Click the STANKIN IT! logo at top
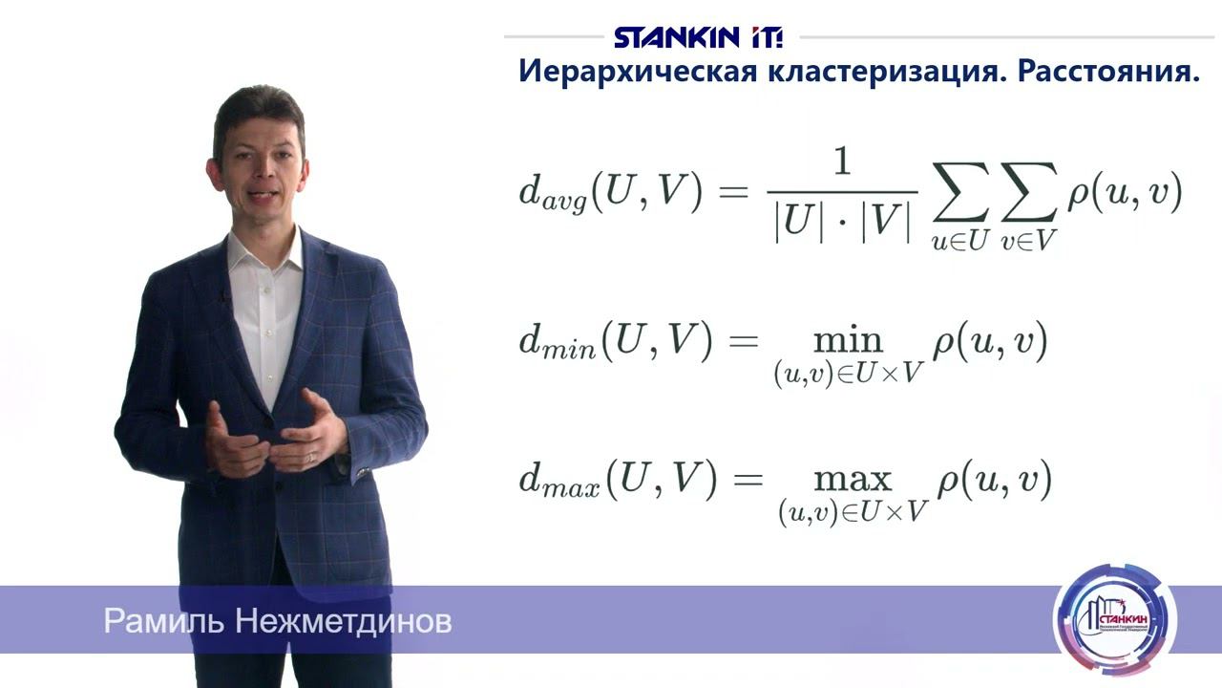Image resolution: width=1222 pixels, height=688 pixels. click(698, 38)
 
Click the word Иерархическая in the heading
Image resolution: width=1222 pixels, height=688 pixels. click(637, 72)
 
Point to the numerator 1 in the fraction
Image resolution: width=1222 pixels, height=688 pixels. click(841, 163)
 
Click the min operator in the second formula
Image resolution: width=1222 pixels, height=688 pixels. click(848, 341)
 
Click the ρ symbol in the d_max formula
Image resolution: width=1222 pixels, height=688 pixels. click(948, 480)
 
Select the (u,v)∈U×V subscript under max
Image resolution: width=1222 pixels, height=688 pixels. click(853, 512)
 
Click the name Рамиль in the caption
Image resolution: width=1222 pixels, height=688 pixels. click(163, 622)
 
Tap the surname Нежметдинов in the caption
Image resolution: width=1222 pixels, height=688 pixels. click(343, 622)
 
